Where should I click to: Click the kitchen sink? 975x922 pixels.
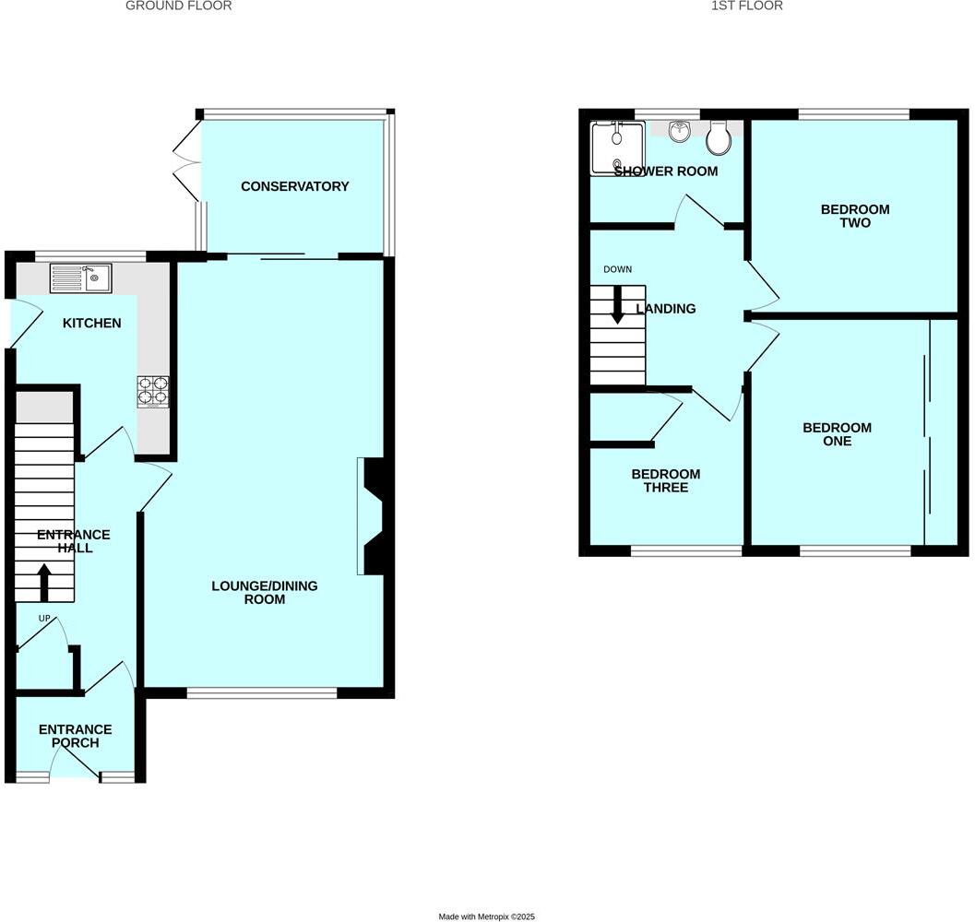tap(80, 278)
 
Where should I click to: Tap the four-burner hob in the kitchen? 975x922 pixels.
tap(153, 391)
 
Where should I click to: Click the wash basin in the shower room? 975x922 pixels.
tap(680, 132)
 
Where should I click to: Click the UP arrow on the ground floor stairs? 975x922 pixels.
tap(43, 582)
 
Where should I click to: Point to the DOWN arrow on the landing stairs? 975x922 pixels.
tap(617, 305)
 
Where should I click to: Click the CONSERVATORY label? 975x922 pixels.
tap(294, 186)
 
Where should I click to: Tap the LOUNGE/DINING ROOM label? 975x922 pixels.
tap(248, 592)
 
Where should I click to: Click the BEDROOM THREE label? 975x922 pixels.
tap(665, 480)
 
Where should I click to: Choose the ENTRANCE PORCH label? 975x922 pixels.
tap(75, 736)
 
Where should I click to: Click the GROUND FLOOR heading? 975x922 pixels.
tap(178, 6)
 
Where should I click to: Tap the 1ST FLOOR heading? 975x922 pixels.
tap(747, 6)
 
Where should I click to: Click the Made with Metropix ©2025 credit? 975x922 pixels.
tap(486, 916)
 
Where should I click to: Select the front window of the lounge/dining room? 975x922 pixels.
tap(262, 693)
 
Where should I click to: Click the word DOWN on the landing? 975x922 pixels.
tap(617, 270)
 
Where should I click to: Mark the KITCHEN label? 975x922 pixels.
tap(91, 324)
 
